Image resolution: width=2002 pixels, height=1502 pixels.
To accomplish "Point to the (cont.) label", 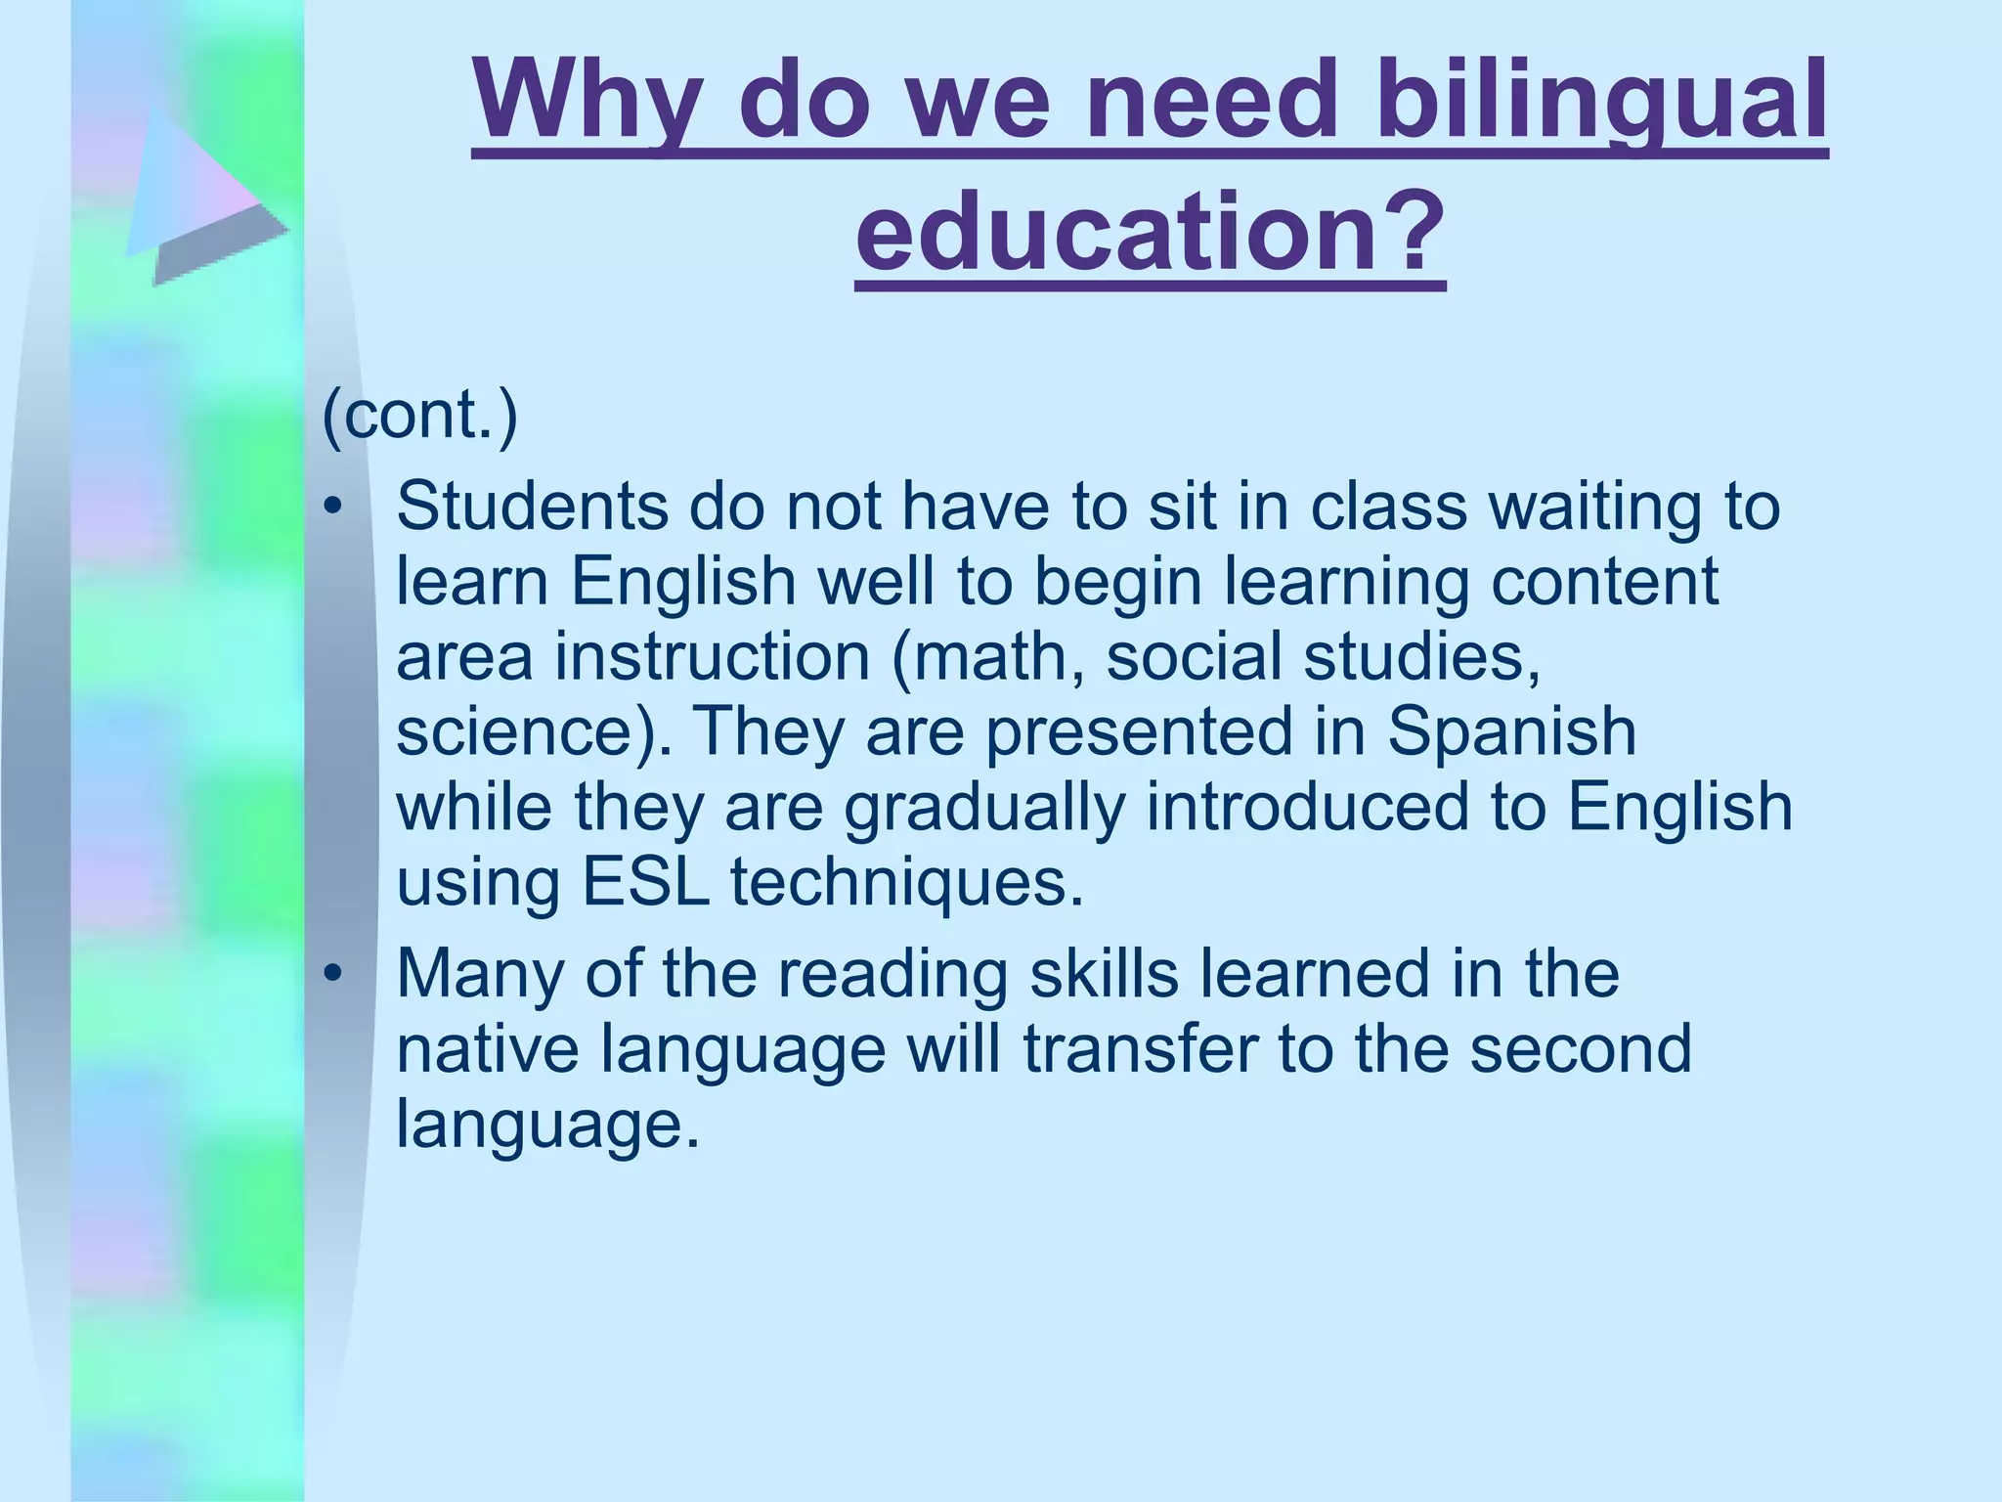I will point(420,415).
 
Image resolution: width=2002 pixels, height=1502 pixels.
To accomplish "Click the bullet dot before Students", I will point(334,507).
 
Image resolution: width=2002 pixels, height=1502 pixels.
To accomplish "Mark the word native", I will point(488,1047).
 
